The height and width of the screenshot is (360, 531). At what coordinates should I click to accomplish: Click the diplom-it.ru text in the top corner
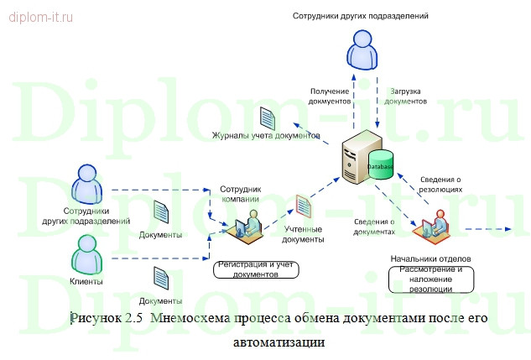coord(41,15)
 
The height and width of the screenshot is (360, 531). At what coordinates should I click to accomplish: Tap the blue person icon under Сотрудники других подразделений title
coord(362,50)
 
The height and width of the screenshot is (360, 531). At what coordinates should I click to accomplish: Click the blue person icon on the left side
coord(86,184)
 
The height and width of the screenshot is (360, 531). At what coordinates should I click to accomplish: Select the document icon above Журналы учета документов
coord(266,118)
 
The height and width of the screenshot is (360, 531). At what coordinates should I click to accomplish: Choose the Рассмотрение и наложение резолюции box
coord(431,279)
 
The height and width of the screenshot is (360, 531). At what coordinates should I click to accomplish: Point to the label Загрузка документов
coord(408,94)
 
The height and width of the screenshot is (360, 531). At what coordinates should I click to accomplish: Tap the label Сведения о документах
coord(374,226)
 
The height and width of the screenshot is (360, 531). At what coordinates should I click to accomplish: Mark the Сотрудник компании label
coord(241,194)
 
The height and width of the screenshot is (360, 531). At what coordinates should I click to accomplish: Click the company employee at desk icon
coord(244,226)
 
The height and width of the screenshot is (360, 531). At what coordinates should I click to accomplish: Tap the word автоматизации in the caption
coord(265,342)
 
